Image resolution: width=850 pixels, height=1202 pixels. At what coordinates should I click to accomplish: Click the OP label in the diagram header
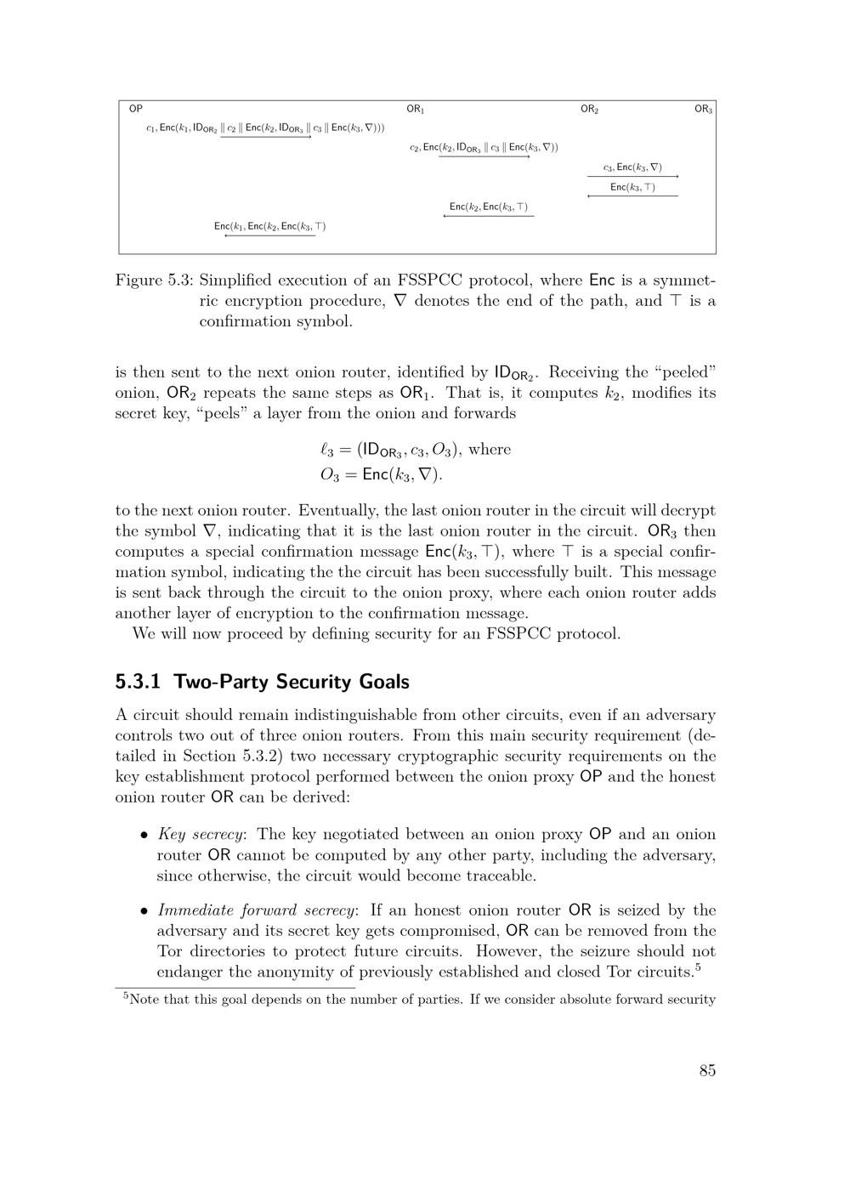tap(135, 109)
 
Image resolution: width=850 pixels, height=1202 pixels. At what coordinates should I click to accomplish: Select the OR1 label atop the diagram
tap(415, 109)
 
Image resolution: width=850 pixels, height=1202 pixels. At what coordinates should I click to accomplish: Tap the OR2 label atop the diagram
tap(590, 109)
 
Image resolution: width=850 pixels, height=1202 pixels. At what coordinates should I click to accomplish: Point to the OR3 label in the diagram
tap(703, 109)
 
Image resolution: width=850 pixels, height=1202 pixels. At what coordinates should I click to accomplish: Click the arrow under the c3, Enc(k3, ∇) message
tap(633, 176)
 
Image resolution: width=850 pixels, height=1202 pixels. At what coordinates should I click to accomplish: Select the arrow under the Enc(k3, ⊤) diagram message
tap(633, 196)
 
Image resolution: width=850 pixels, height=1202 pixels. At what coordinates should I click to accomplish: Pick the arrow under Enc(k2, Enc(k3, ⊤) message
tap(489, 216)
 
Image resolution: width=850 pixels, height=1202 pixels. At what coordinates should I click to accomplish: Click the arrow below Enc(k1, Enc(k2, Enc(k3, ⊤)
tap(269, 235)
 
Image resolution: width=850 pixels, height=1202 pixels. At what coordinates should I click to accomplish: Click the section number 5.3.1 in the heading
tap(139, 682)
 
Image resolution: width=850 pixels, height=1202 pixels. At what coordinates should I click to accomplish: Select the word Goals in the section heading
tap(384, 682)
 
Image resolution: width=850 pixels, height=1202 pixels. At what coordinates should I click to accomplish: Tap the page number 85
tap(707, 1070)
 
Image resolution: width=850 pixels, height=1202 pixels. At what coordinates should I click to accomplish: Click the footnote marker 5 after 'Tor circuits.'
tap(697, 967)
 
